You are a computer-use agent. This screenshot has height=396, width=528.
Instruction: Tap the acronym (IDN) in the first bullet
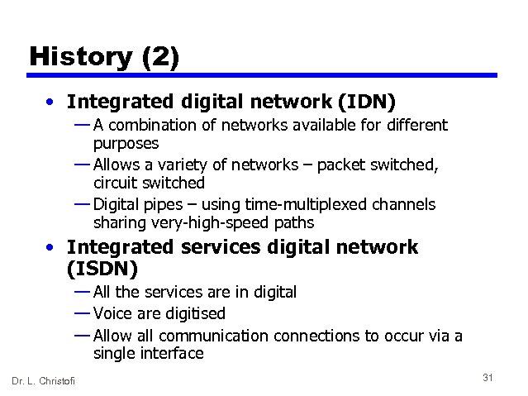pos(366,102)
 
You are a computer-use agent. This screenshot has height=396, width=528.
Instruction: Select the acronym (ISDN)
pos(102,270)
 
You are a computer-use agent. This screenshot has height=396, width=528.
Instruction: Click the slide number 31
pos(488,378)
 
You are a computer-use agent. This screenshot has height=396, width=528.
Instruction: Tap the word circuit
pos(117,182)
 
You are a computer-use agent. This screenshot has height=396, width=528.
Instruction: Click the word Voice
pos(113,313)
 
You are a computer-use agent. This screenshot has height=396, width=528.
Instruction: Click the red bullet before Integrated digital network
pos(52,103)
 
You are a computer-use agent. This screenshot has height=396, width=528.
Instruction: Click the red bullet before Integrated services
pos(52,247)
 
